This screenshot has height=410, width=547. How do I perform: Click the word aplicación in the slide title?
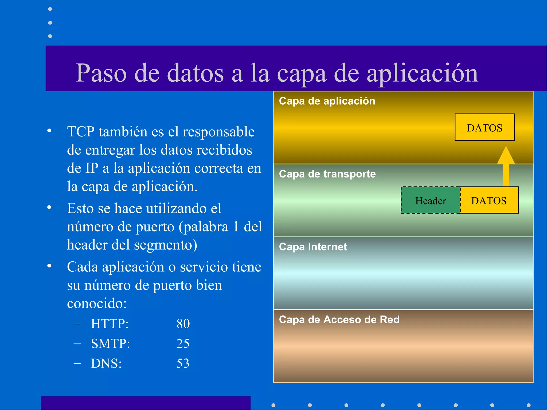point(422,73)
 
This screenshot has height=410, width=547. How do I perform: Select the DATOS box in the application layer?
point(484,128)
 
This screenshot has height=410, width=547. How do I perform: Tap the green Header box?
point(430,200)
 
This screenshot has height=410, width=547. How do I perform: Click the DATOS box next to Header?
point(489,200)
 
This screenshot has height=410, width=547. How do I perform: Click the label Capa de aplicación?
point(327,101)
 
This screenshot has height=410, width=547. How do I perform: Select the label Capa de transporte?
point(327,174)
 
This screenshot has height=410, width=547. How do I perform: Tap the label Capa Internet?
point(313,247)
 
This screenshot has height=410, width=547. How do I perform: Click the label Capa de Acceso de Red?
point(339,320)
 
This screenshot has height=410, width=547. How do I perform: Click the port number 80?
point(183,324)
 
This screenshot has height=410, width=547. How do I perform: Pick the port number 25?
point(183,344)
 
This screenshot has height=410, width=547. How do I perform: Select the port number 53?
point(183,364)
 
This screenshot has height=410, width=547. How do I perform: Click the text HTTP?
point(110,324)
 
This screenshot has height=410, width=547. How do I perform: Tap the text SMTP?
point(110,344)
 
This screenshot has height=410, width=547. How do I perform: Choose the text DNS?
point(106,364)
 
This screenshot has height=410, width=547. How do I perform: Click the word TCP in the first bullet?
point(81,132)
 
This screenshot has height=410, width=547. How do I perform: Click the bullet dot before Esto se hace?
point(49,207)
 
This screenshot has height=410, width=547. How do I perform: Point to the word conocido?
point(97,303)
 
